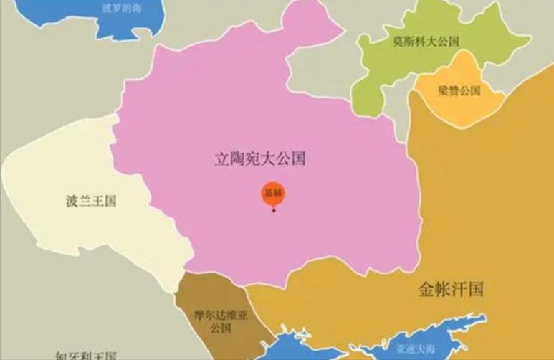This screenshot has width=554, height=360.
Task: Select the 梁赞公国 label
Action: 458,91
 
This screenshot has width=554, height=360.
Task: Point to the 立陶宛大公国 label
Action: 259,158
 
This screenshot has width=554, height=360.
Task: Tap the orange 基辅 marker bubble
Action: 272,195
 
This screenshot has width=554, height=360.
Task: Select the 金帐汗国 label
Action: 450,290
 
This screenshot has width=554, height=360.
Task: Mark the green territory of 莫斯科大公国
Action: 380,79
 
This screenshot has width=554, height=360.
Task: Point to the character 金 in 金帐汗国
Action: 426,290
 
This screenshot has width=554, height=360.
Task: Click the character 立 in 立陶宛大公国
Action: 221,158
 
